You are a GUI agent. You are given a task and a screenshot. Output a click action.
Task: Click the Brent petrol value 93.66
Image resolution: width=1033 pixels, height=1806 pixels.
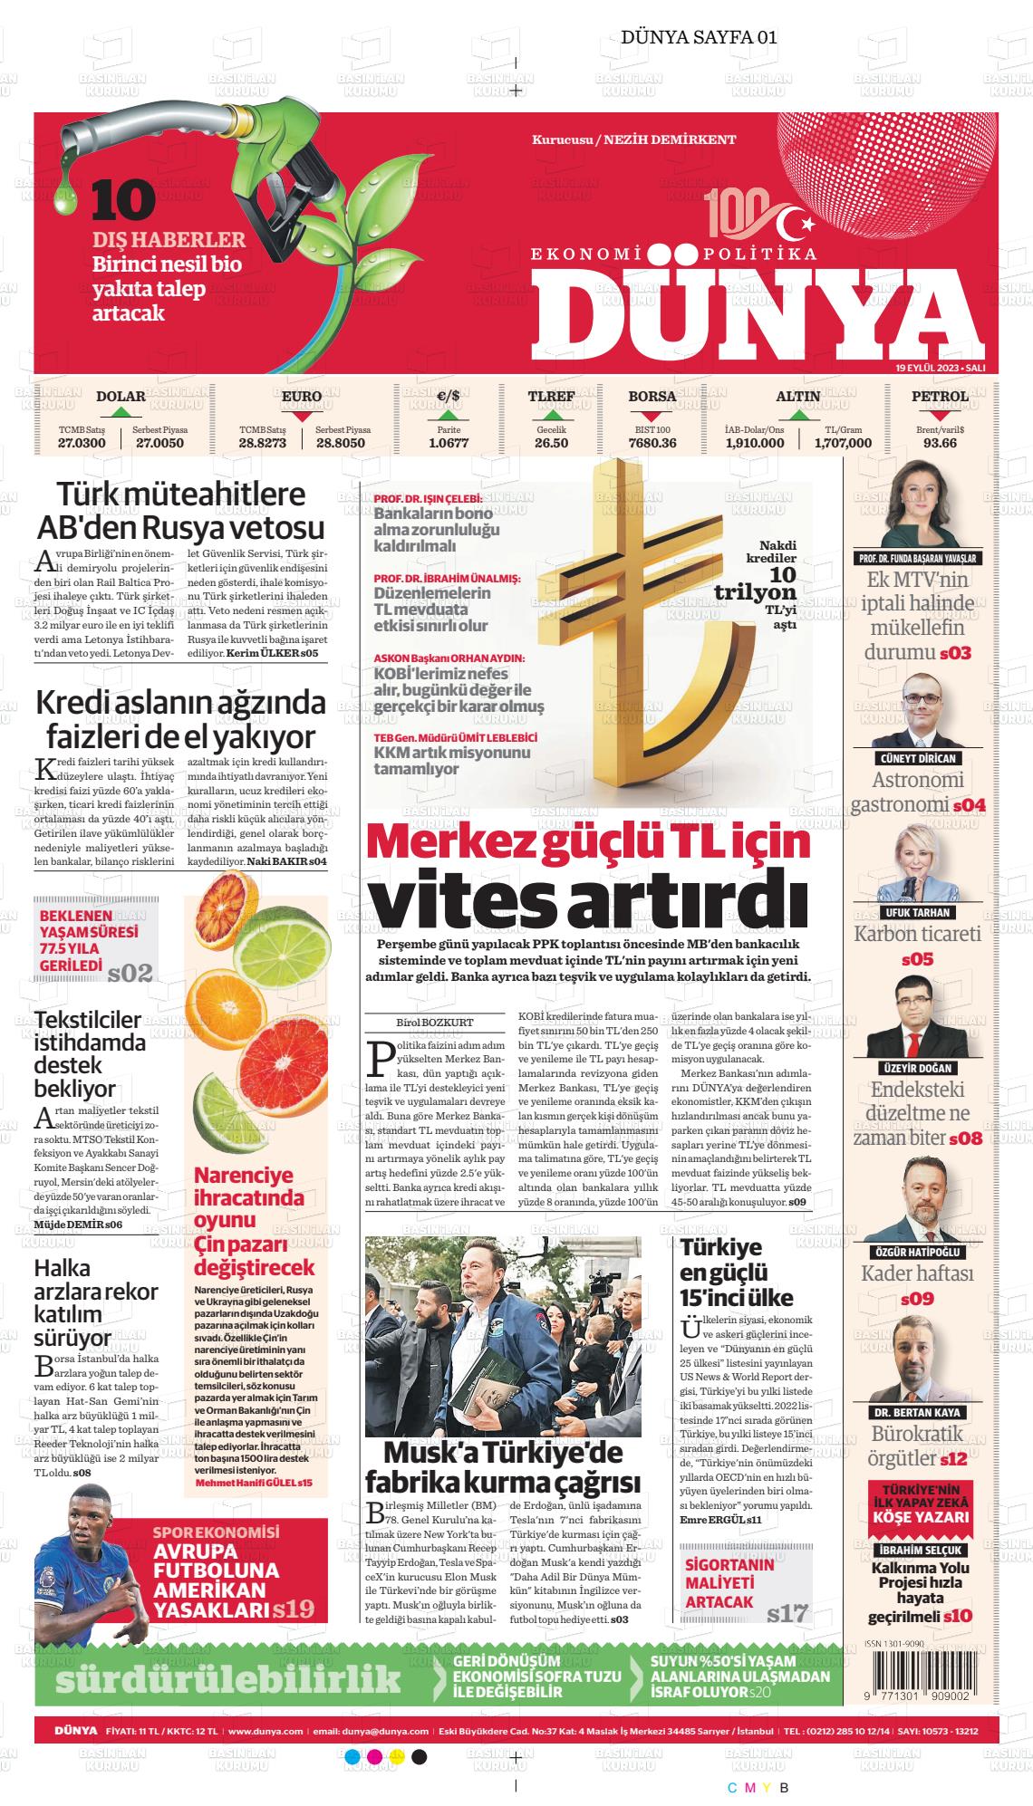tap(940, 443)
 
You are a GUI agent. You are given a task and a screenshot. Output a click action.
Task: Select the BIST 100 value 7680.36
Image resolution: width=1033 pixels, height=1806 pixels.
tap(652, 443)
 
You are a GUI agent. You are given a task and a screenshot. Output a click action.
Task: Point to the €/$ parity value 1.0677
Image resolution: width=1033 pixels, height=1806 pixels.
tap(449, 443)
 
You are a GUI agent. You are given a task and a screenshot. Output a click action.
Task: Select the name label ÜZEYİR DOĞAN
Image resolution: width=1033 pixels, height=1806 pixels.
tap(917, 1068)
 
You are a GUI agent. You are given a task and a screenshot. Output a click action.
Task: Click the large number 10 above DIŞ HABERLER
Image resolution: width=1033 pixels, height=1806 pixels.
tap(123, 200)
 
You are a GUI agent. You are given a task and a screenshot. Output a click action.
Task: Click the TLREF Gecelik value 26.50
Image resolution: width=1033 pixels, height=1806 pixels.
tap(551, 443)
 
